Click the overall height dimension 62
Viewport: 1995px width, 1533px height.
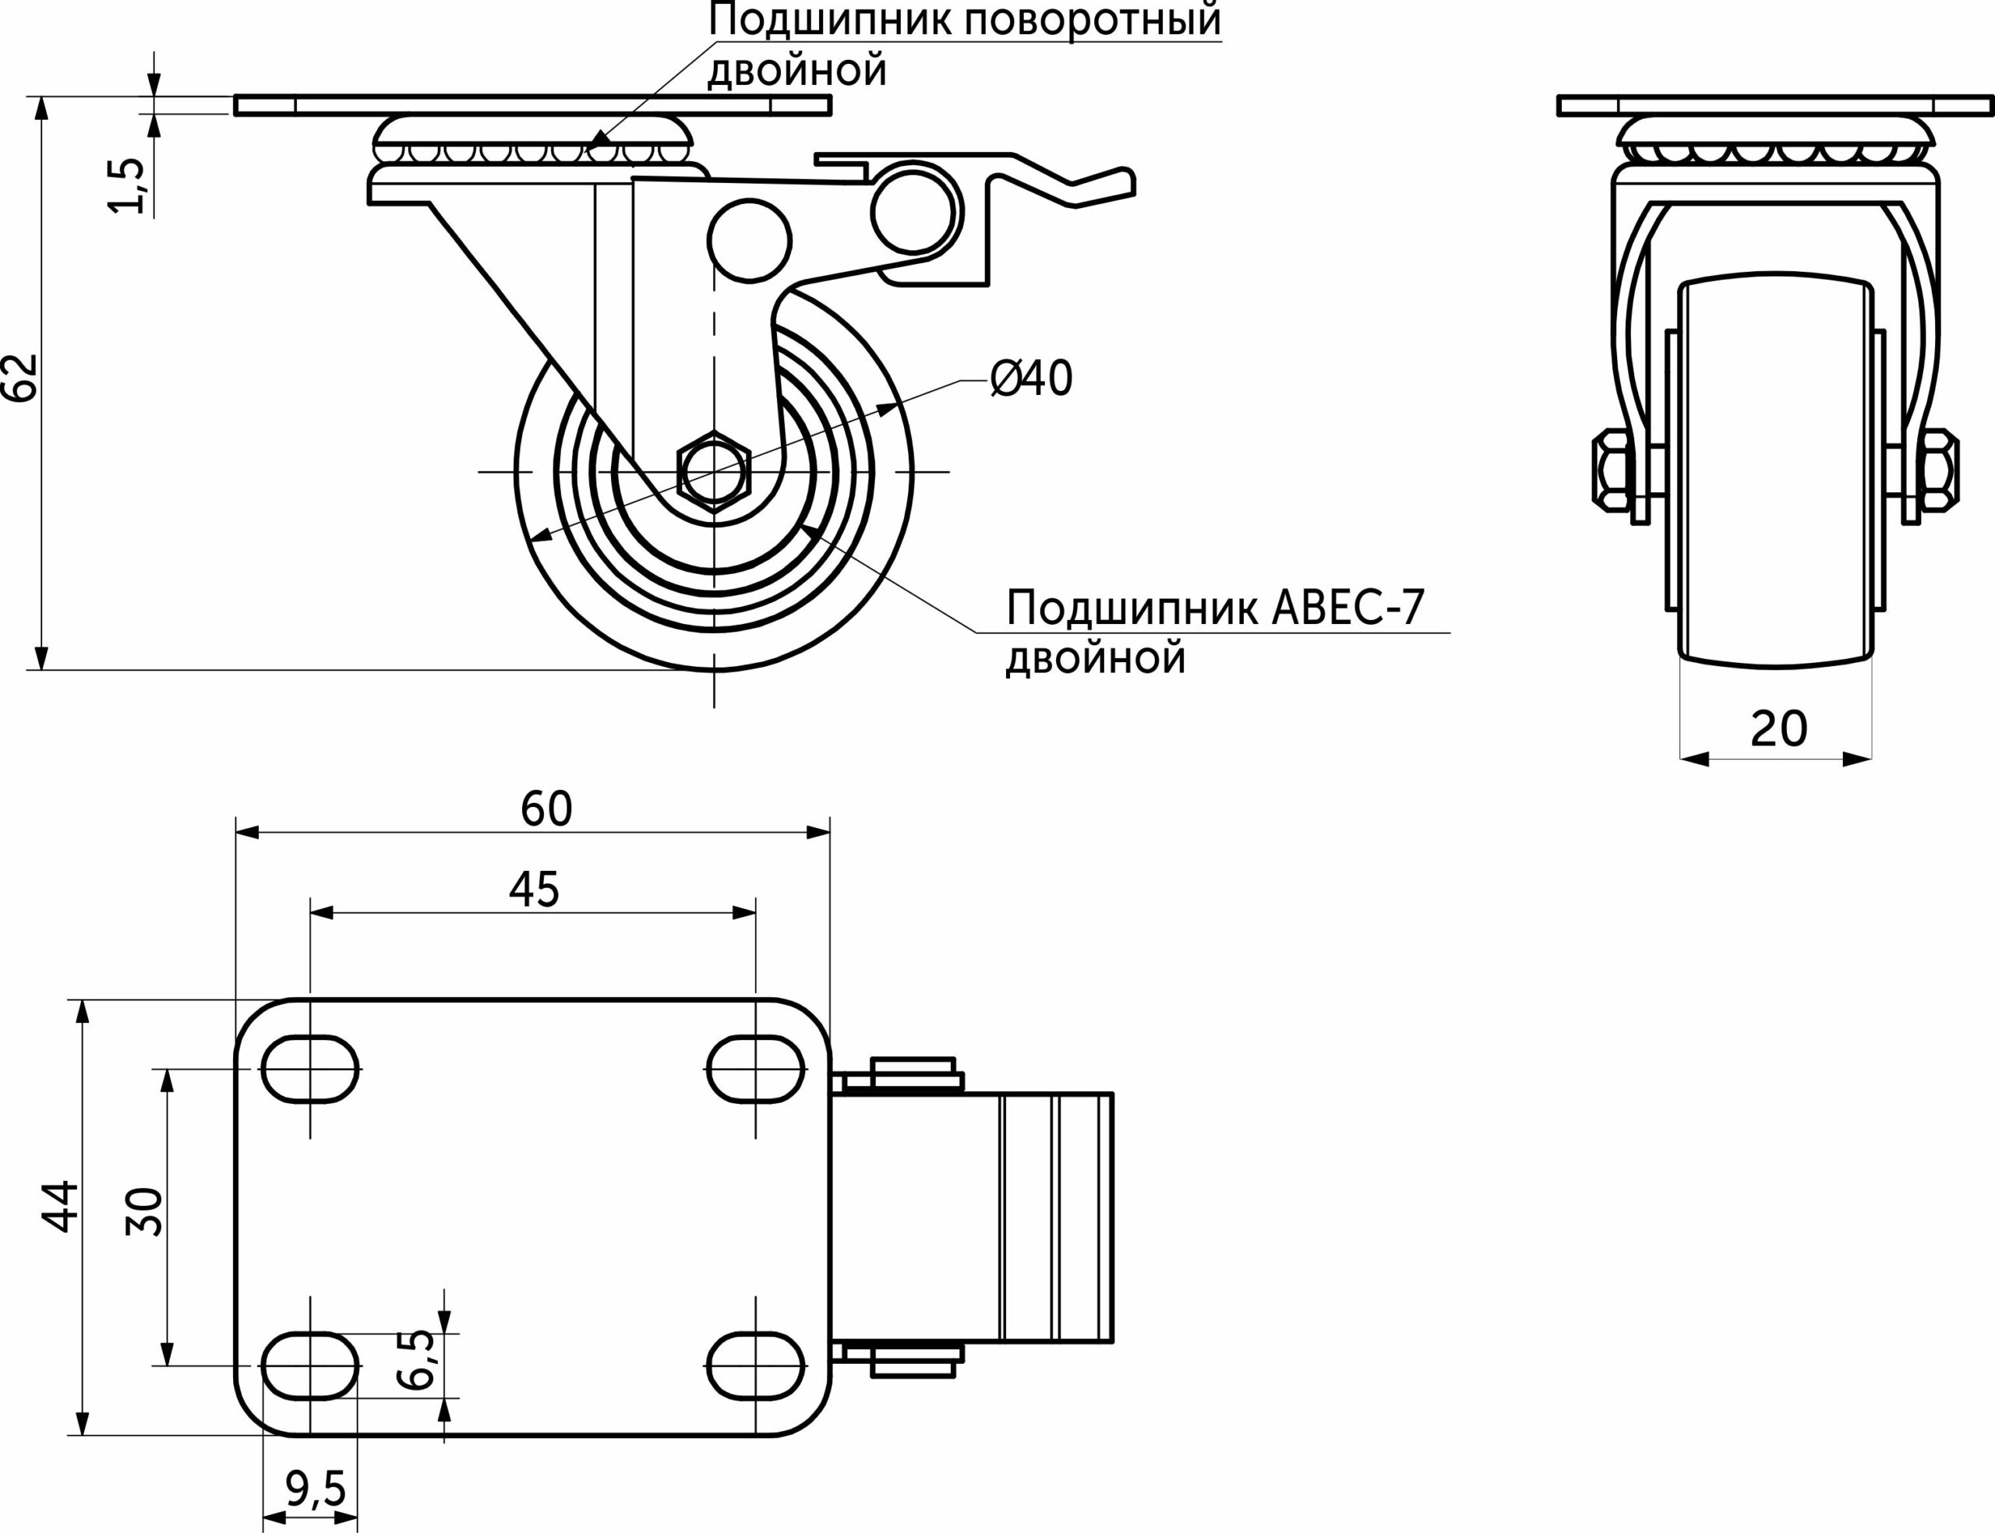pyautogui.click(x=20, y=377)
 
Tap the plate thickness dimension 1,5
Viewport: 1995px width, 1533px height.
pyautogui.click(x=127, y=186)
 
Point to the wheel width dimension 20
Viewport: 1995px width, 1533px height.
pyautogui.click(x=1778, y=728)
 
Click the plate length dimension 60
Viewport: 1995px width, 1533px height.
pyautogui.click(x=546, y=808)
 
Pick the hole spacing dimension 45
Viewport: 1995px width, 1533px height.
pyautogui.click(x=534, y=889)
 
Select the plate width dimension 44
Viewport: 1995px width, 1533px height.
pyautogui.click(x=62, y=1207)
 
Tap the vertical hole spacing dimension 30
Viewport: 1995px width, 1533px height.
pyautogui.click(x=145, y=1212)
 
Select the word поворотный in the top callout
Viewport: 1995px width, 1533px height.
pyautogui.click(x=1093, y=20)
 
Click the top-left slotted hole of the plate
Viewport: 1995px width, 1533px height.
pyautogui.click(x=310, y=1070)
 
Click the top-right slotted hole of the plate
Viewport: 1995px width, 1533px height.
pyautogui.click(x=756, y=1070)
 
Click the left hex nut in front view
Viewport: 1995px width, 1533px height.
pyautogui.click(x=1612, y=469)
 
